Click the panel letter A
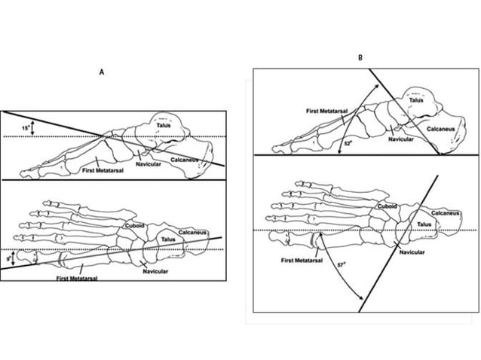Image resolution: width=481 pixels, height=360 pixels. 101,72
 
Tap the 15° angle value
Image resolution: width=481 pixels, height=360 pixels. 26,128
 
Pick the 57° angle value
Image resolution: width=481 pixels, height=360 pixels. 340,265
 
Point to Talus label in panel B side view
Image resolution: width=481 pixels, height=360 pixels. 416,99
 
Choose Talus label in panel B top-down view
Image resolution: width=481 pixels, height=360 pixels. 424,224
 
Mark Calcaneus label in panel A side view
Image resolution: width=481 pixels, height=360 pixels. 185,160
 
